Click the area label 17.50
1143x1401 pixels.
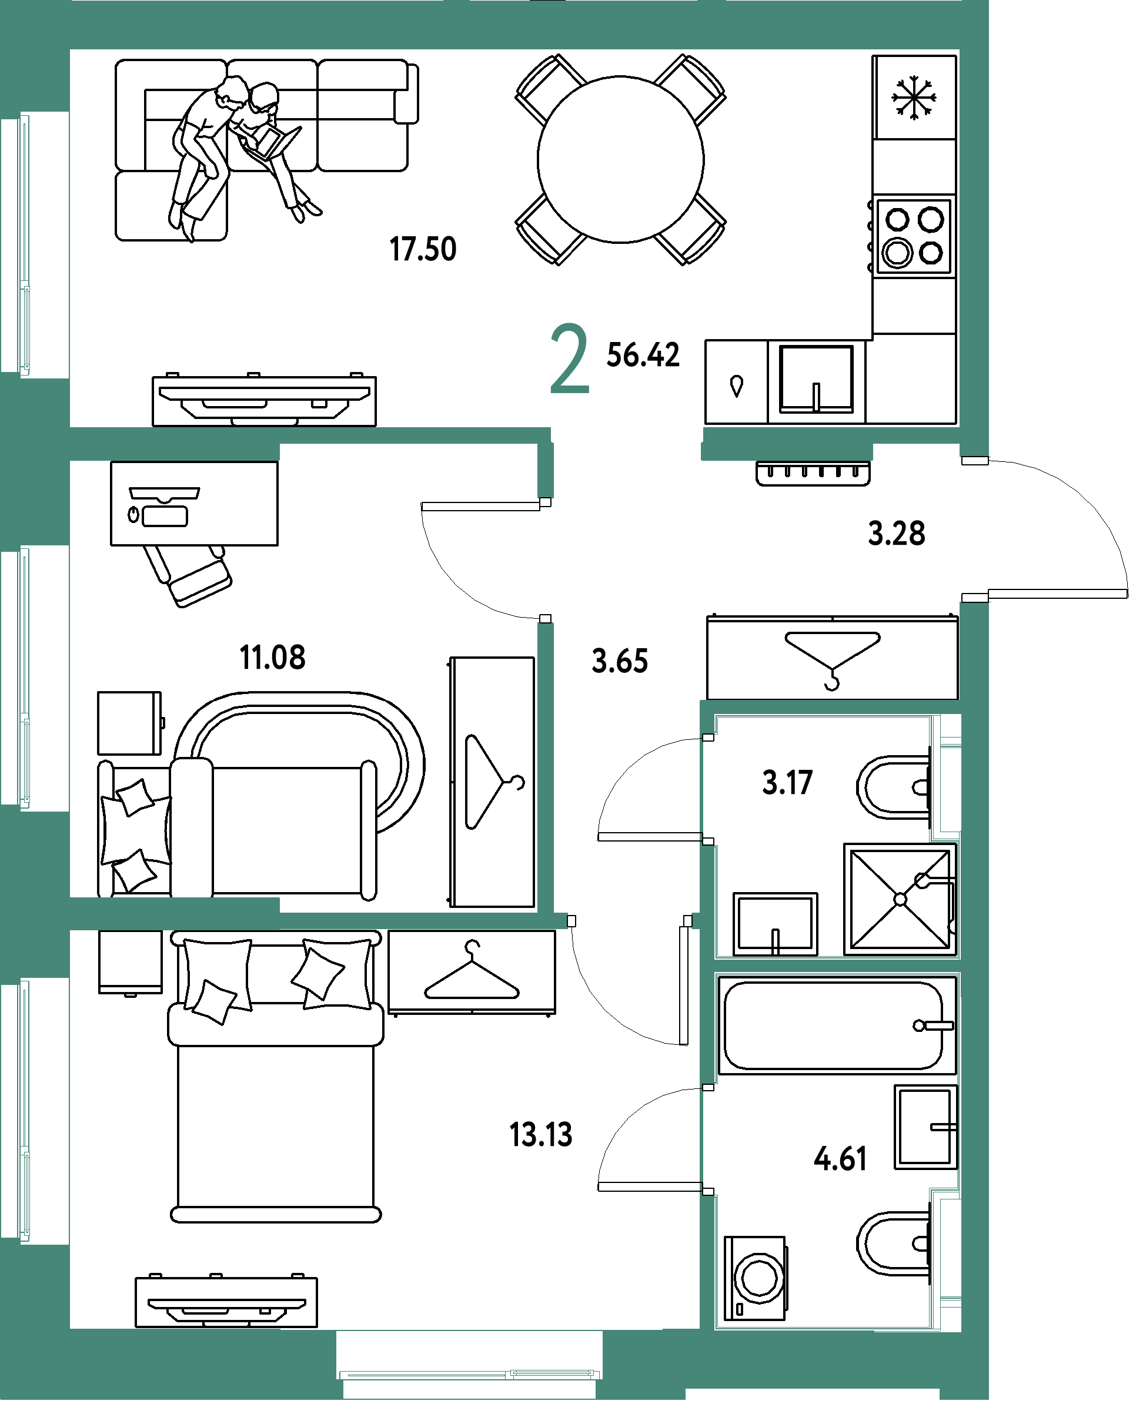coord(423,249)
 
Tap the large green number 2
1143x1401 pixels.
coord(570,359)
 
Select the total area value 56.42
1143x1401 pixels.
coord(643,355)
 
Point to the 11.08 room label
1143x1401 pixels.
coord(273,657)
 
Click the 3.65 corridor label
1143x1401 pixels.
coord(620,661)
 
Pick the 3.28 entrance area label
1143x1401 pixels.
coord(896,533)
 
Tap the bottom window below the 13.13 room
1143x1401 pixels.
coord(469,1374)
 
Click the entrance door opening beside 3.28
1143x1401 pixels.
coord(974,529)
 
